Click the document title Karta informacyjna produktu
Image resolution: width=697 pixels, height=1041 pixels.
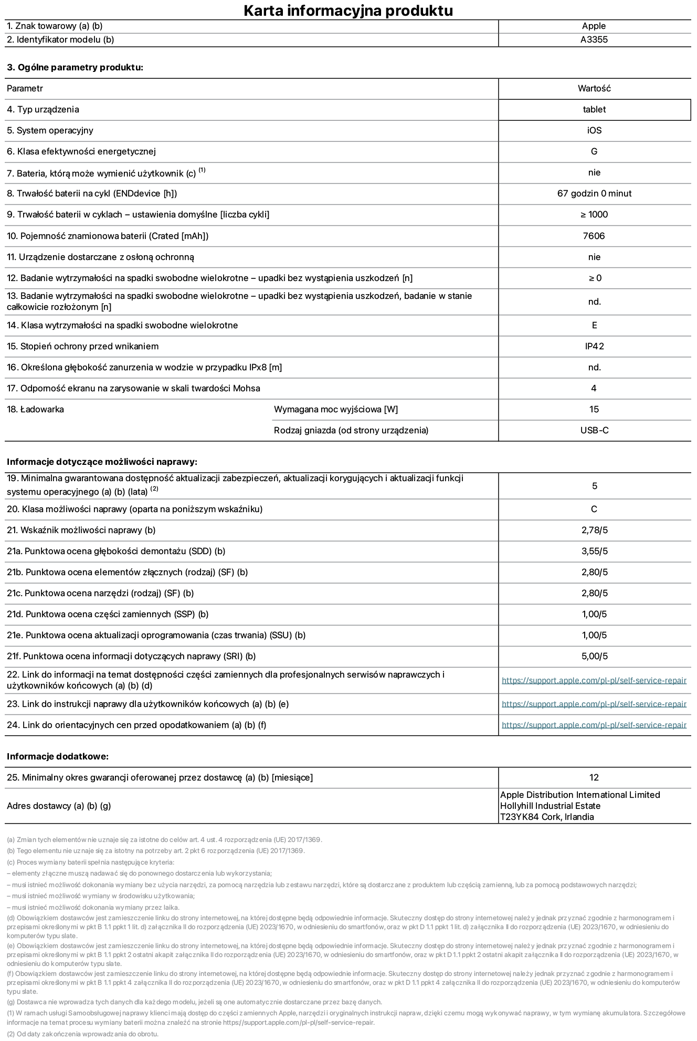tap(348, 11)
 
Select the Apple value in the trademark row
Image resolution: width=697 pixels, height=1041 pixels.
tap(594, 26)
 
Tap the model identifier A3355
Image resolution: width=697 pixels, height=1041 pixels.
tap(594, 40)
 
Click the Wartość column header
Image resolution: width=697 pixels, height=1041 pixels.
tap(594, 89)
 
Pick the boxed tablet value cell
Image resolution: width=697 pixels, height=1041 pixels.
tap(594, 110)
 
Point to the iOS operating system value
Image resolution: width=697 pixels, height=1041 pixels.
tap(594, 131)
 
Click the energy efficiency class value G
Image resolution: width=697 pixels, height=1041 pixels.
tap(594, 152)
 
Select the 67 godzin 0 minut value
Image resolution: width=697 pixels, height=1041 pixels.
tap(594, 194)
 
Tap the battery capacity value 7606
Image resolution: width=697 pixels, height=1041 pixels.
tap(594, 236)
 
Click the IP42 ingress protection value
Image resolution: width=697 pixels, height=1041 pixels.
tap(594, 347)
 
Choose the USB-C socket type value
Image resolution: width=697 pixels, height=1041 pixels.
tap(594, 431)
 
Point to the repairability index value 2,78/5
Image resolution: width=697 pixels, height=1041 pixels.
tap(594, 530)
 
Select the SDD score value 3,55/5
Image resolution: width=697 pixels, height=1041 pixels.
tap(594, 551)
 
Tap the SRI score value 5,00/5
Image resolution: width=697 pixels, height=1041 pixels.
tap(594, 657)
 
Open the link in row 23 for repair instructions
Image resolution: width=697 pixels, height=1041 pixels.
tap(594, 704)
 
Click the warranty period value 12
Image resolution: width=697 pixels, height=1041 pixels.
tap(594, 778)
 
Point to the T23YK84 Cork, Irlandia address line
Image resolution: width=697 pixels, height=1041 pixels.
tap(547, 817)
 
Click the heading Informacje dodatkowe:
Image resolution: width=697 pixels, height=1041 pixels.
tap(58, 757)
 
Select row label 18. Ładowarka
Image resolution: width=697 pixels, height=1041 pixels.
tap(35, 410)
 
